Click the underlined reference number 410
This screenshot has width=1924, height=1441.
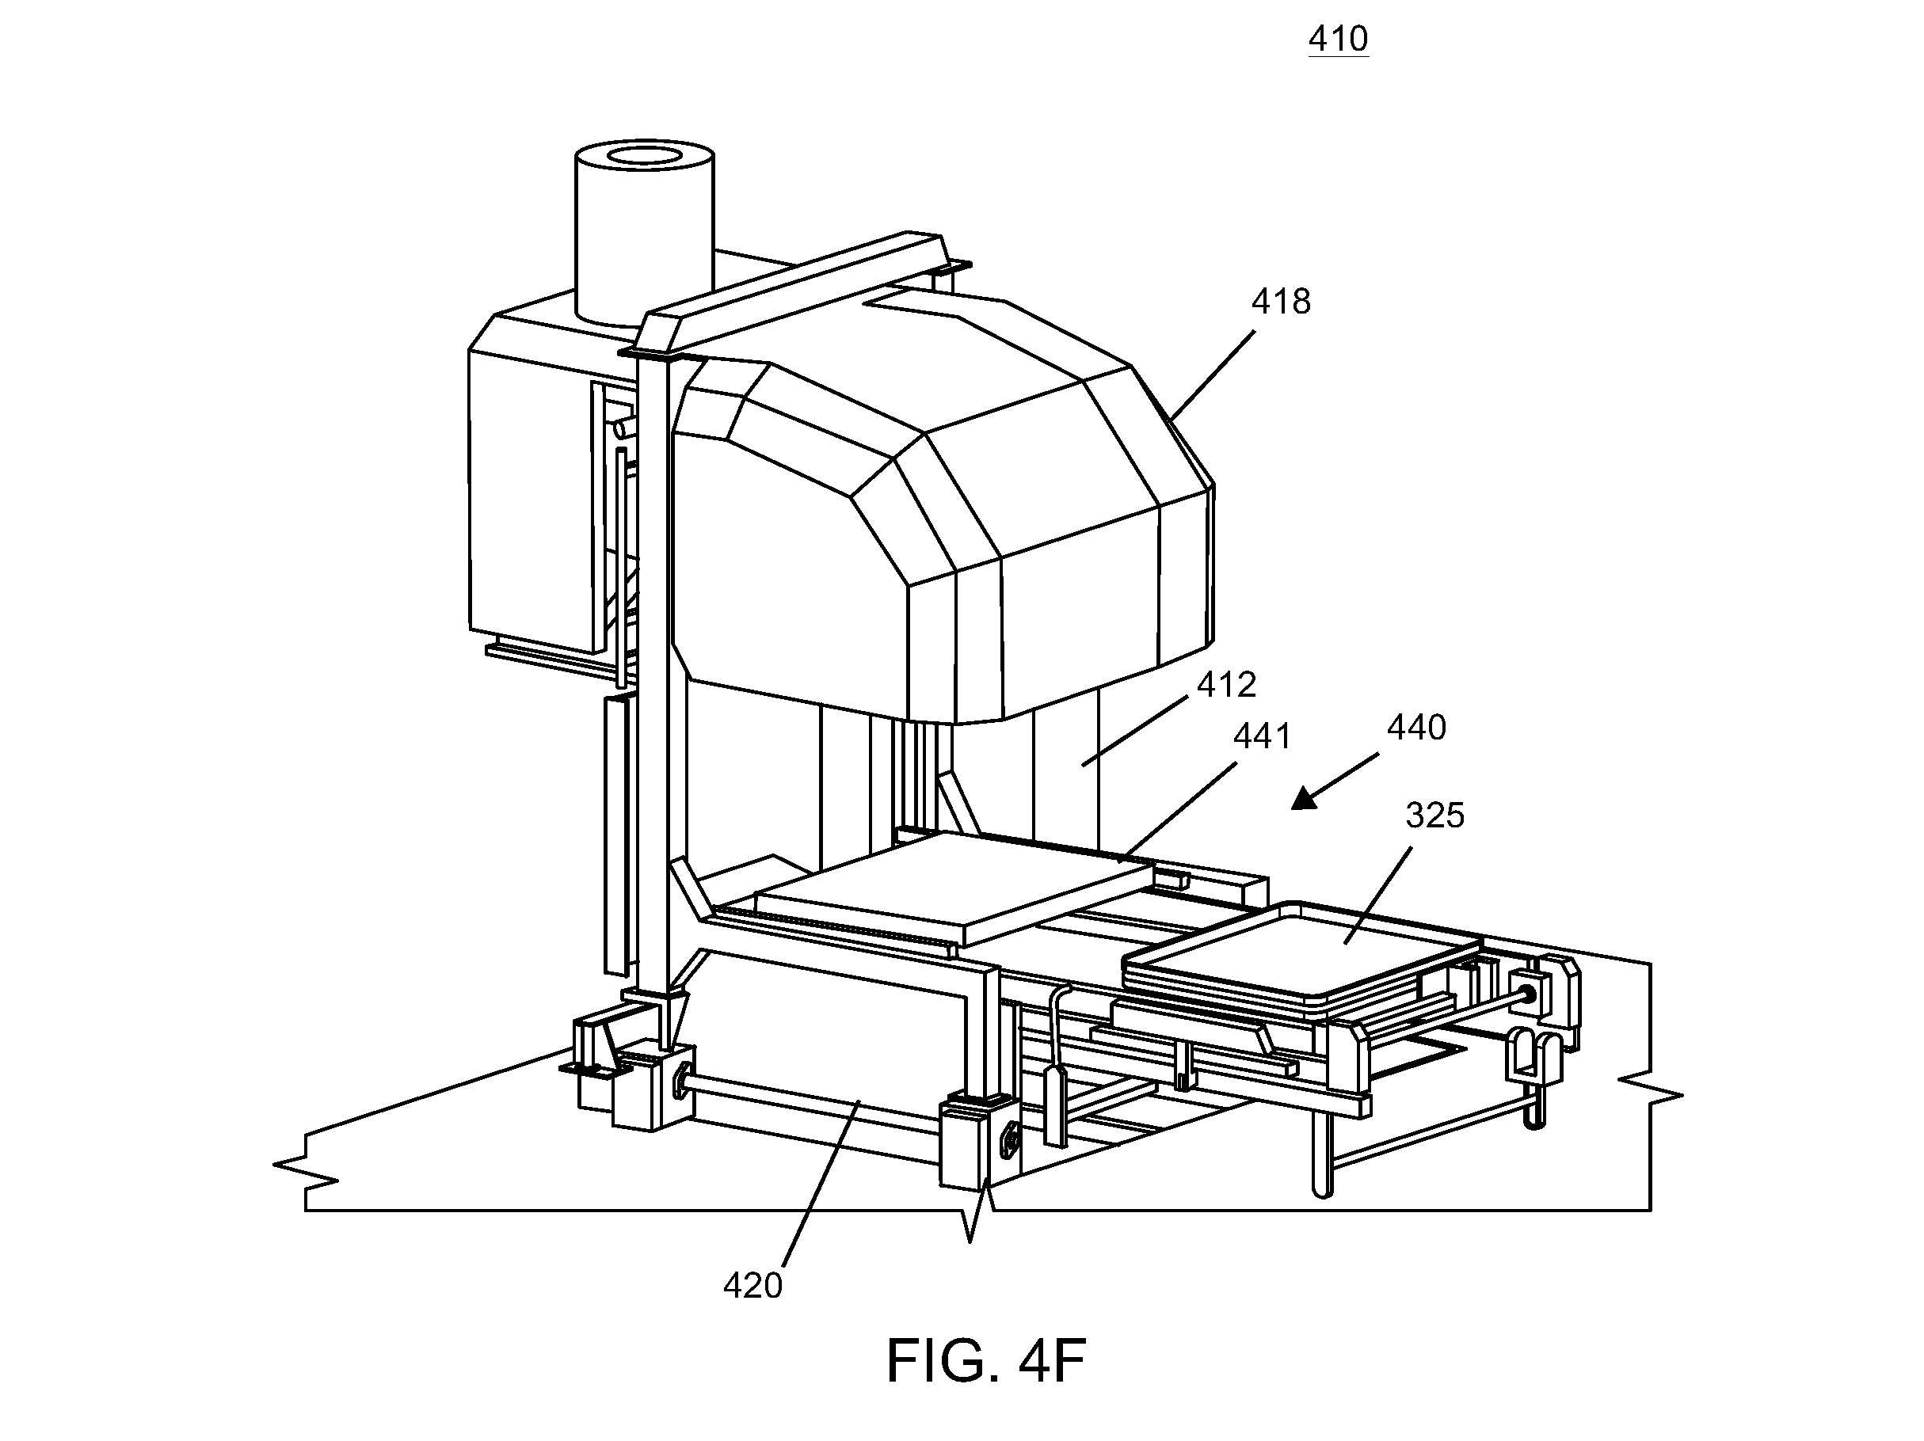tap(1339, 39)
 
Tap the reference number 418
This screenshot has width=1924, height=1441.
tap(1280, 302)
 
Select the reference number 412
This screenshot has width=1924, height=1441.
tap(1226, 686)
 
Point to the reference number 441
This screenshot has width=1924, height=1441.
tap(1263, 736)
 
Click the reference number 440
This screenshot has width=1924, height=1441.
tap(1417, 728)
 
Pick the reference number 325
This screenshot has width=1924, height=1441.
tap(1435, 816)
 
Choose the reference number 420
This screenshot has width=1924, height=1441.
tap(753, 1285)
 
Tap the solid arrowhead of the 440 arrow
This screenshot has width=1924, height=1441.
tap(1304, 797)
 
